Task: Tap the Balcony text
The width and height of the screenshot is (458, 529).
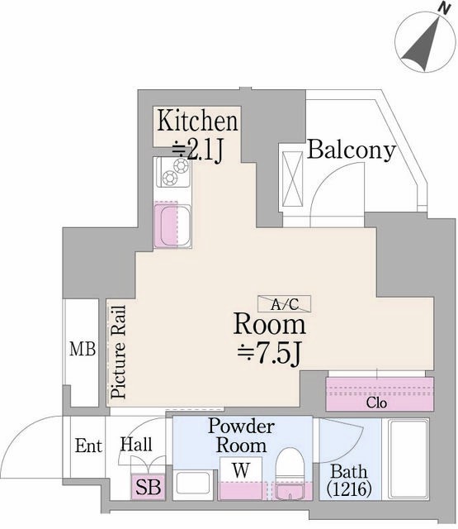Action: [x=352, y=150]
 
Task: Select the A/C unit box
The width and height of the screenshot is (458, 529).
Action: [x=284, y=303]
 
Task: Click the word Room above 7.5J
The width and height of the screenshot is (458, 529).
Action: [x=270, y=323]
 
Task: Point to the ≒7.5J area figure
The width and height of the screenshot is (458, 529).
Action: [x=269, y=354]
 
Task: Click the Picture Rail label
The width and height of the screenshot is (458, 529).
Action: [x=119, y=352]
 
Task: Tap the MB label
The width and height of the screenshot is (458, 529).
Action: [x=83, y=349]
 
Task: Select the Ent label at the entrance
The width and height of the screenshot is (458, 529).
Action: [x=88, y=446]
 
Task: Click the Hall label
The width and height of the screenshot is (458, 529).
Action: [x=136, y=445]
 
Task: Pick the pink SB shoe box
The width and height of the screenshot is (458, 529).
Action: [x=148, y=487]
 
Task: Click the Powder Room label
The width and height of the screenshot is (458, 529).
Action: [x=241, y=436]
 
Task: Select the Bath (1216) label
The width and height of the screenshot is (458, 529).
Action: [x=349, y=480]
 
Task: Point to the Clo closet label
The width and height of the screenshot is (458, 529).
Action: [x=376, y=403]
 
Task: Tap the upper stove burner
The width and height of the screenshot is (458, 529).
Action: [x=182, y=165]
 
